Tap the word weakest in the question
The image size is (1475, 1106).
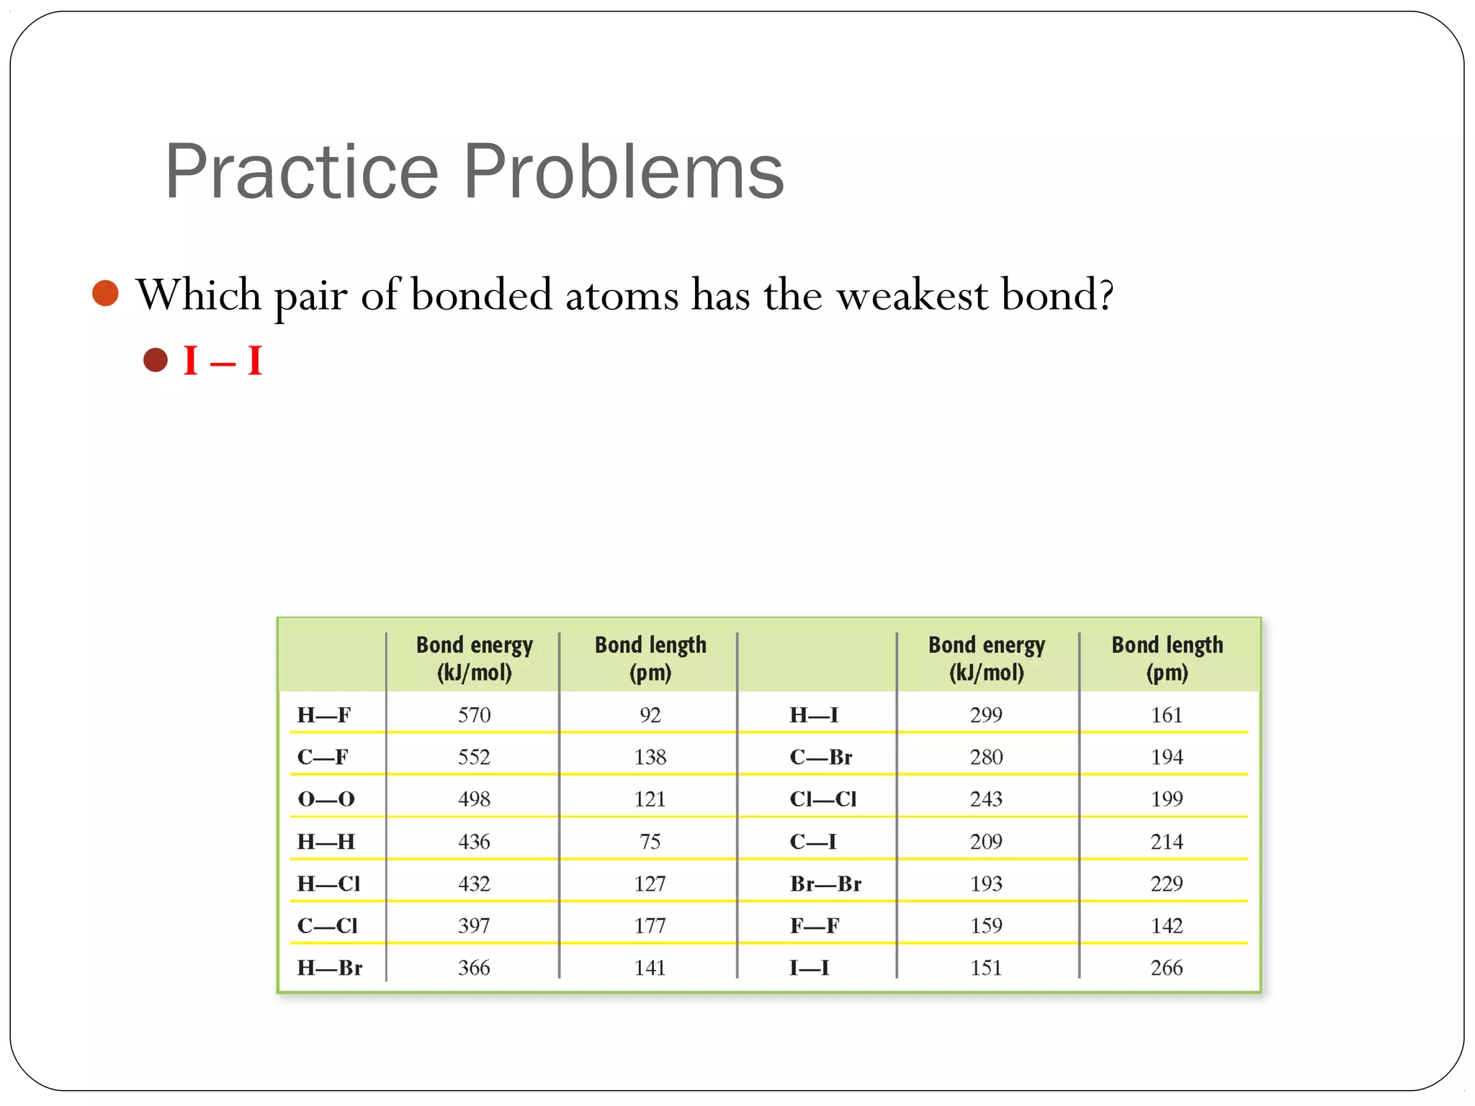coord(912,295)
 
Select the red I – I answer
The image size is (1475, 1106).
coord(223,361)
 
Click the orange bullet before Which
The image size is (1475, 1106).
coord(106,293)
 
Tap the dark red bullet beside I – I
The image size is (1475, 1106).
coord(156,359)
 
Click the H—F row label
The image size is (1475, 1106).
coord(323,715)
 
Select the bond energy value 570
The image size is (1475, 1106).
coord(474,715)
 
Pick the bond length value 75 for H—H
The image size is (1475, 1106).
coord(650,841)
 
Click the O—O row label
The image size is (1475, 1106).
coord(326,799)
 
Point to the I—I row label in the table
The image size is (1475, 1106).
coord(809,968)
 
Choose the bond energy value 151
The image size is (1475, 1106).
coord(986,968)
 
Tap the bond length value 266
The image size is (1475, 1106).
coord(1166,968)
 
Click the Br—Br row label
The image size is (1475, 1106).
coord(825,884)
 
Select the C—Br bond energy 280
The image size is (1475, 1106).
coord(986,757)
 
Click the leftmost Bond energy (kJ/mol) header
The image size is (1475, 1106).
coord(474,658)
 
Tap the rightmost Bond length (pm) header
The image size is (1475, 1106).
coord(1167,658)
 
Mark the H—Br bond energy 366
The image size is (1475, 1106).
coord(474,968)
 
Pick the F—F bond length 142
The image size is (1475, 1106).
coord(1166,925)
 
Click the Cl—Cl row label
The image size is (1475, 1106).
coord(822,799)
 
